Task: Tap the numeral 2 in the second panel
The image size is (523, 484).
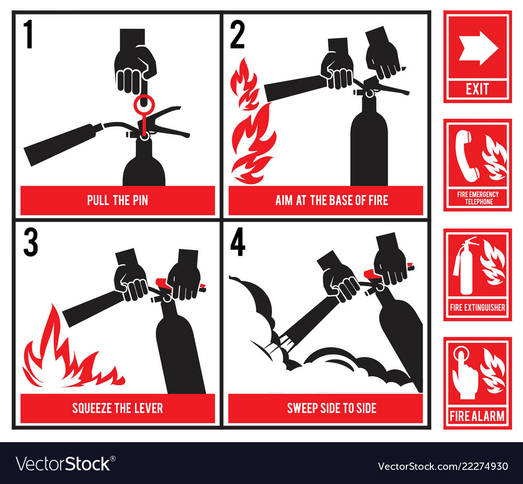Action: (x=237, y=36)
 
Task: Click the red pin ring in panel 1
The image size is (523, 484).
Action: (x=143, y=104)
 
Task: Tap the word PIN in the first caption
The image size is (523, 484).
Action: (x=139, y=200)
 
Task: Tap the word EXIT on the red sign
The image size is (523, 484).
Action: (x=477, y=89)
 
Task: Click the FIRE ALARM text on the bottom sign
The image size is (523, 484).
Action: (x=477, y=417)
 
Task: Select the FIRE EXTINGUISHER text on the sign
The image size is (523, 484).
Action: (x=477, y=308)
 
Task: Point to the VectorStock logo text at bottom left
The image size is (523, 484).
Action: (x=63, y=464)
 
